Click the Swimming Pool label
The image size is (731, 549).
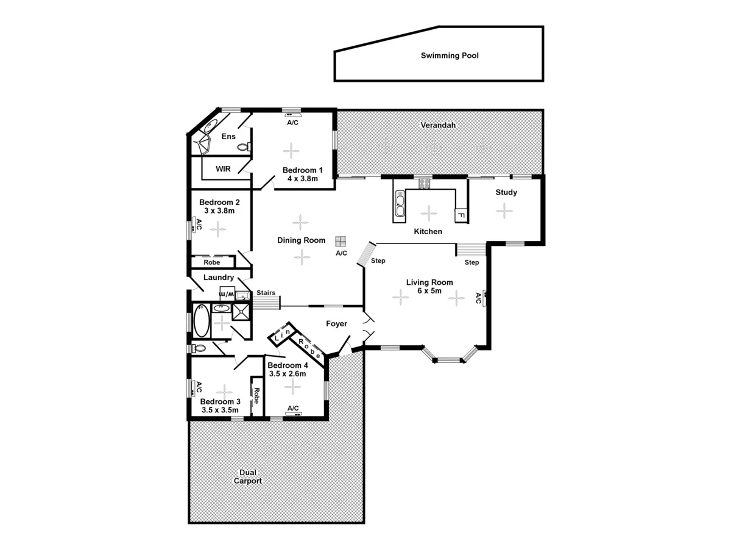coord(450,56)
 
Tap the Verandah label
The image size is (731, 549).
coord(438,125)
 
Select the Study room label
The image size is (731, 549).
coord(506,192)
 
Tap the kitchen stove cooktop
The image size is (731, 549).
coord(424,182)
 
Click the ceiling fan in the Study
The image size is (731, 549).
coord(504,210)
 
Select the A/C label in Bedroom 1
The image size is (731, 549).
coord(292,123)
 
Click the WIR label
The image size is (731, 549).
coord(223,169)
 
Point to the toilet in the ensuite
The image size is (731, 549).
coord(244,147)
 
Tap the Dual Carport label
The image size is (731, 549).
coord(248,476)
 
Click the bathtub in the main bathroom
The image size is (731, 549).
coord(201,321)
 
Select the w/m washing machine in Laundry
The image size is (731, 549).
coord(226,294)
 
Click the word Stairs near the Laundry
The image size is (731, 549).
coord(266,293)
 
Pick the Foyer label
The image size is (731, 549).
coord(336,324)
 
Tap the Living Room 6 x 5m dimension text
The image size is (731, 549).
coord(429,292)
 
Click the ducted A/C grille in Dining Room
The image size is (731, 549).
coord(341,241)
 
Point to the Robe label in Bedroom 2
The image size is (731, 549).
coord(211,262)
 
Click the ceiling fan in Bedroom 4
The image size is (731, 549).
coord(293,386)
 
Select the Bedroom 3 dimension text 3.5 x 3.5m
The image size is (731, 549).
coord(221,411)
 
